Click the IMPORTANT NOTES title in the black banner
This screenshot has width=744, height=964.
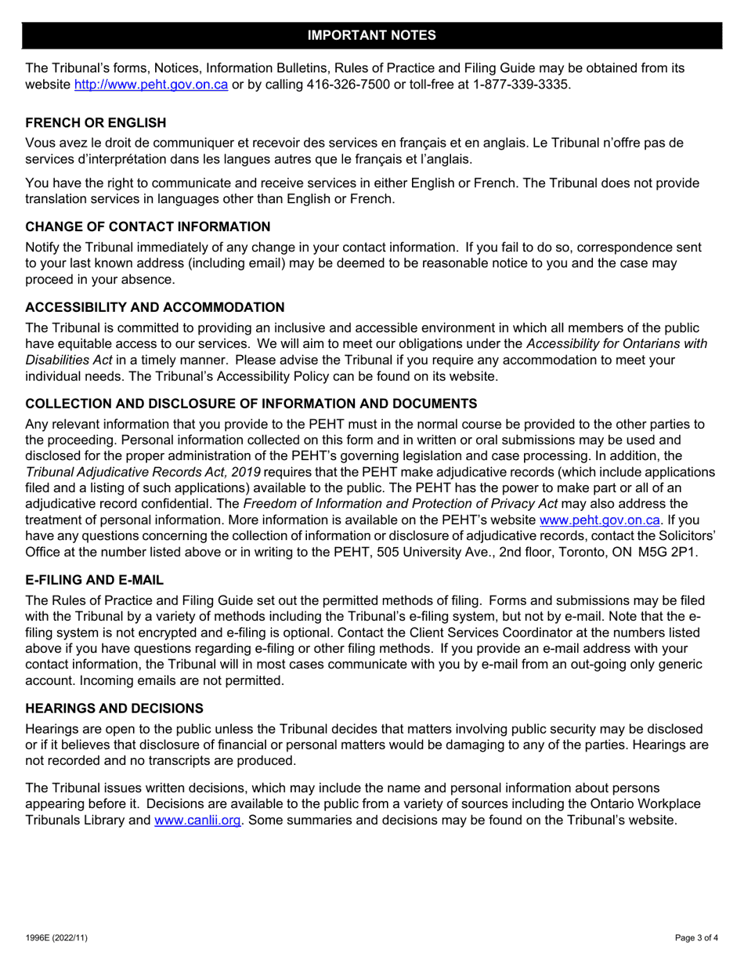[x=372, y=35]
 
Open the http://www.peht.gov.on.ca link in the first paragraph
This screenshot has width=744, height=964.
[x=150, y=84]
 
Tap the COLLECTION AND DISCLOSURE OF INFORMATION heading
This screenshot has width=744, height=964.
[x=251, y=404]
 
